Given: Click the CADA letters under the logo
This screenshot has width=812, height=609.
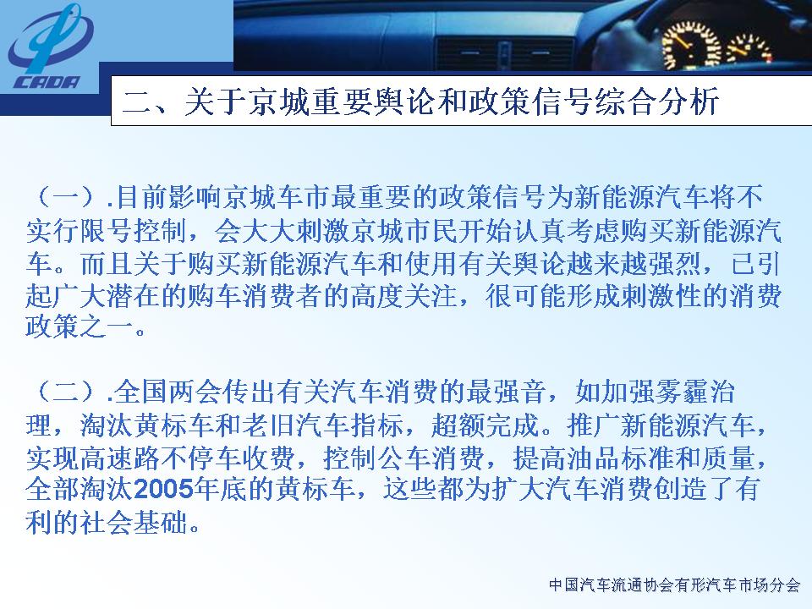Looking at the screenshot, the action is click(x=47, y=82).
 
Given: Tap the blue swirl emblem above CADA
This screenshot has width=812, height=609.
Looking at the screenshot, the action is click(x=50, y=39).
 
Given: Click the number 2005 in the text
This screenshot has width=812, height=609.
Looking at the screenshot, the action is click(x=163, y=489).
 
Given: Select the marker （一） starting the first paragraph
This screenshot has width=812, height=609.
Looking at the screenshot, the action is click(x=66, y=197).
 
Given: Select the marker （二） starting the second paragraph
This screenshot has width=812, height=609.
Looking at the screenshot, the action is click(x=66, y=392).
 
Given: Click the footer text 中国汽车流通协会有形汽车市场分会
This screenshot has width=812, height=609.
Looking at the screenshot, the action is click(x=675, y=585).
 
